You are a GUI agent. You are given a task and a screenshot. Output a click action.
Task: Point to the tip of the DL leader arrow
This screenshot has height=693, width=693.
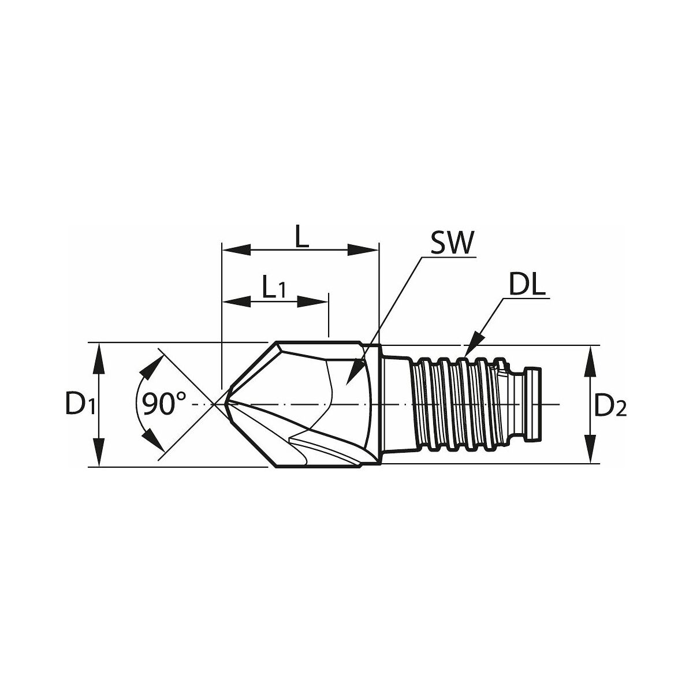[x=464, y=357]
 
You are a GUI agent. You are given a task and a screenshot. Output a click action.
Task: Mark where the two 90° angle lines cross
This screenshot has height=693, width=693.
[x=214, y=405]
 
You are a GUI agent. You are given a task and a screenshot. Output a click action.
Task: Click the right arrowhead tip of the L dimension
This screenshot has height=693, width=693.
[x=379, y=249]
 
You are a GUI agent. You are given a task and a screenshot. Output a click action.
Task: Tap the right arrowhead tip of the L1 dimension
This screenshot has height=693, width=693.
[x=328, y=302]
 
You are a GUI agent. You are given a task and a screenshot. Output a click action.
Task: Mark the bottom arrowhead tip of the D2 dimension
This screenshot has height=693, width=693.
[x=589, y=464]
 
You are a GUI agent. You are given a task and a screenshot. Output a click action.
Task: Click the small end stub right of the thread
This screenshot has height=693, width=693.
[x=534, y=404]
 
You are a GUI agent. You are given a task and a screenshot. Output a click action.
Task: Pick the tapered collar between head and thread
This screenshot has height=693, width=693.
[x=396, y=404]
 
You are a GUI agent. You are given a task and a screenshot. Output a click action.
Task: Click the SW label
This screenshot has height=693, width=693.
[x=453, y=243]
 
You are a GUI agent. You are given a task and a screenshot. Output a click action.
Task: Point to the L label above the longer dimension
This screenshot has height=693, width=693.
[x=302, y=237]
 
